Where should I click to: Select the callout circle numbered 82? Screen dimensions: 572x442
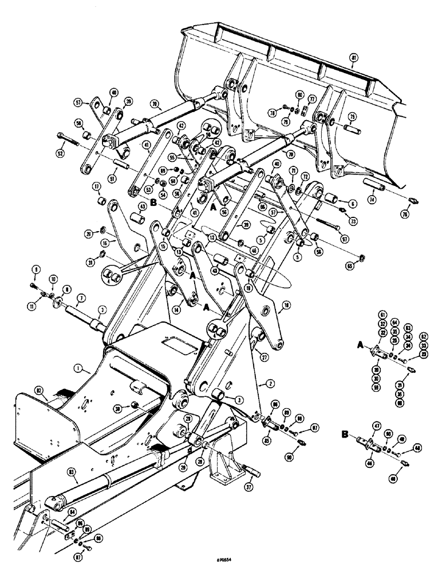tap(40, 390)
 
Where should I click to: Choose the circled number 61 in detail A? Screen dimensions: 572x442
tap(380, 314)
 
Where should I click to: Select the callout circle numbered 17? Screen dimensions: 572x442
tap(96, 186)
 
